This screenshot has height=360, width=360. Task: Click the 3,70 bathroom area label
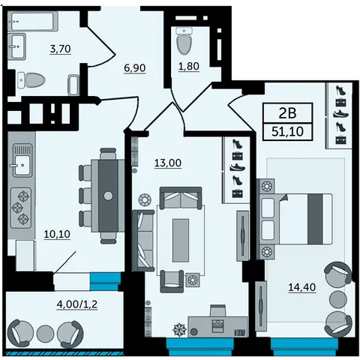click(61, 49)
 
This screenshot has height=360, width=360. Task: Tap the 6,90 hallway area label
click(135, 67)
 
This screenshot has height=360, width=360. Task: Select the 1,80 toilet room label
click(189, 66)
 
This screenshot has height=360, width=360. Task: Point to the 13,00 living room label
click(168, 163)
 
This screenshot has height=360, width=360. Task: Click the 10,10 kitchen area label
click(57, 234)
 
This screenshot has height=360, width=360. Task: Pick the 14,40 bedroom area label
click(302, 287)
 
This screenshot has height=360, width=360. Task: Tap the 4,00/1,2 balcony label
click(77, 304)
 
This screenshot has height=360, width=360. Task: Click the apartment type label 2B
click(287, 113)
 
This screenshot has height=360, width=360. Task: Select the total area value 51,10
click(287, 131)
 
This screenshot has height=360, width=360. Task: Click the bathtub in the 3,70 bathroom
click(33, 21)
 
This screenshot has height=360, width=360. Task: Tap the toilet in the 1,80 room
click(184, 41)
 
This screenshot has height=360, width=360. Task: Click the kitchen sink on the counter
click(22, 160)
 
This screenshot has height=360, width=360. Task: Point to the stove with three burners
click(21, 208)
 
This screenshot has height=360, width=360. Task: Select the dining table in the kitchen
click(108, 196)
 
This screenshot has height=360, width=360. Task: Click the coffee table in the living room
click(181, 241)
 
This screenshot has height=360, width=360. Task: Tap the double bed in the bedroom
click(295, 219)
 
